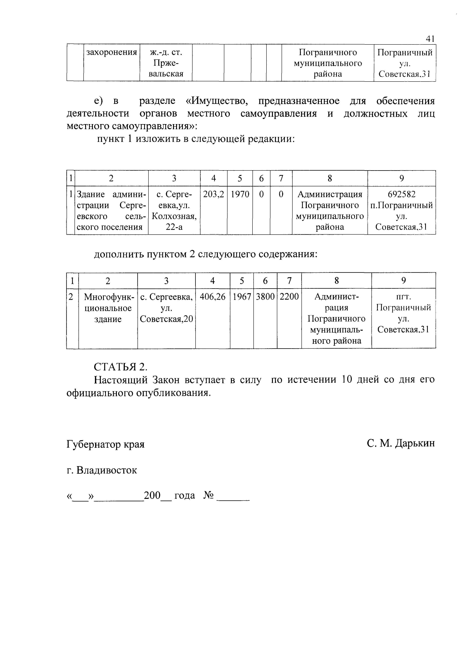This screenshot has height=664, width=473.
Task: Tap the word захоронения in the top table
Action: pyautogui.click(x=112, y=52)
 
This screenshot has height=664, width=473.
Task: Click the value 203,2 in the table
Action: pyautogui.click(x=214, y=194)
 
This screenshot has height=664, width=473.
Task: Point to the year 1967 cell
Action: pyautogui.click(x=242, y=297)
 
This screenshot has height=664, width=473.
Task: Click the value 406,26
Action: pyautogui.click(x=213, y=297)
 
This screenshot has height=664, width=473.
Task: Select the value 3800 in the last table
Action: pyautogui.click(x=265, y=297)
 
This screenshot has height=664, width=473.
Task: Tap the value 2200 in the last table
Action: pyautogui.click(x=289, y=297)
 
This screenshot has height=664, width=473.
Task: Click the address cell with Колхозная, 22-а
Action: pyautogui.click(x=174, y=211)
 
